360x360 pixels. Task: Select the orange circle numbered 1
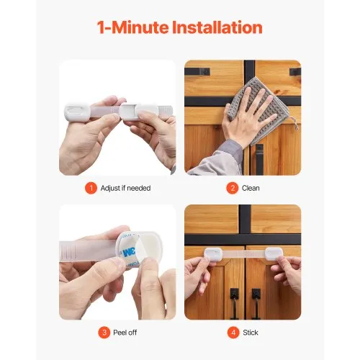point(91,189)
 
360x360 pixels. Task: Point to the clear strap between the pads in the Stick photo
point(245,256)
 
